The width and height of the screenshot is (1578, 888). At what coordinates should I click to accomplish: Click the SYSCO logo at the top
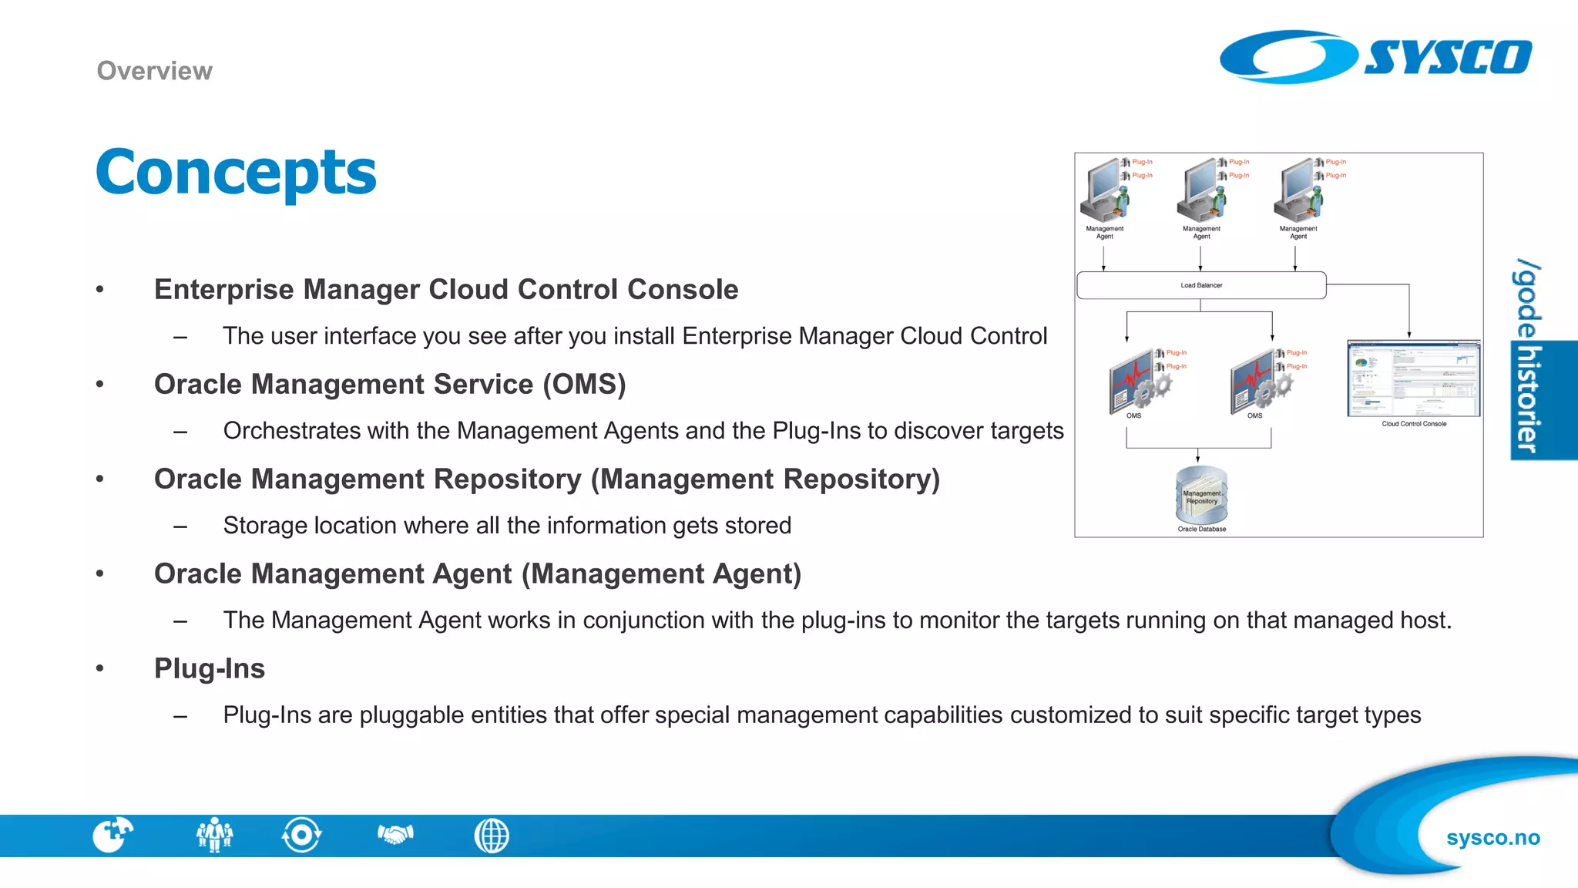click(1375, 57)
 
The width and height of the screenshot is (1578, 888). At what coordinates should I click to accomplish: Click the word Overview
click(154, 71)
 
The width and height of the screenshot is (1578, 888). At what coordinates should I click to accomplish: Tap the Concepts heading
click(236, 172)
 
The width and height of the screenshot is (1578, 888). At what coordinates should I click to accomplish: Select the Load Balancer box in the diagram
click(1200, 285)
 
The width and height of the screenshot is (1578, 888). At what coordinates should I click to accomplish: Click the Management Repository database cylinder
click(1201, 495)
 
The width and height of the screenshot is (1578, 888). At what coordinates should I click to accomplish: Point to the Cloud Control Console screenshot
click(1413, 378)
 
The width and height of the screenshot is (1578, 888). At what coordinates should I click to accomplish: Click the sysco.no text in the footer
click(1492, 838)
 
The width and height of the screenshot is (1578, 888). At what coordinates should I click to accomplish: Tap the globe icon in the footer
click(492, 836)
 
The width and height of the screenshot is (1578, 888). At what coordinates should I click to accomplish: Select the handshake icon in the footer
click(395, 834)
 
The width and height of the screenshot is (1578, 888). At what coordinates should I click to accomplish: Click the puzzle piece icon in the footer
click(112, 835)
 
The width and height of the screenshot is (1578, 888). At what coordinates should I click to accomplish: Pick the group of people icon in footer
click(214, 835)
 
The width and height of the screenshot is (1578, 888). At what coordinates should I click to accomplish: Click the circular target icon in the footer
click(301, 835)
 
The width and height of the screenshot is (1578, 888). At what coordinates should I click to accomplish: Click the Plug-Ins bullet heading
click(210, 668)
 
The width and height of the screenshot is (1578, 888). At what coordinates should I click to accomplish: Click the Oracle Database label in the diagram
click(1201, 530)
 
